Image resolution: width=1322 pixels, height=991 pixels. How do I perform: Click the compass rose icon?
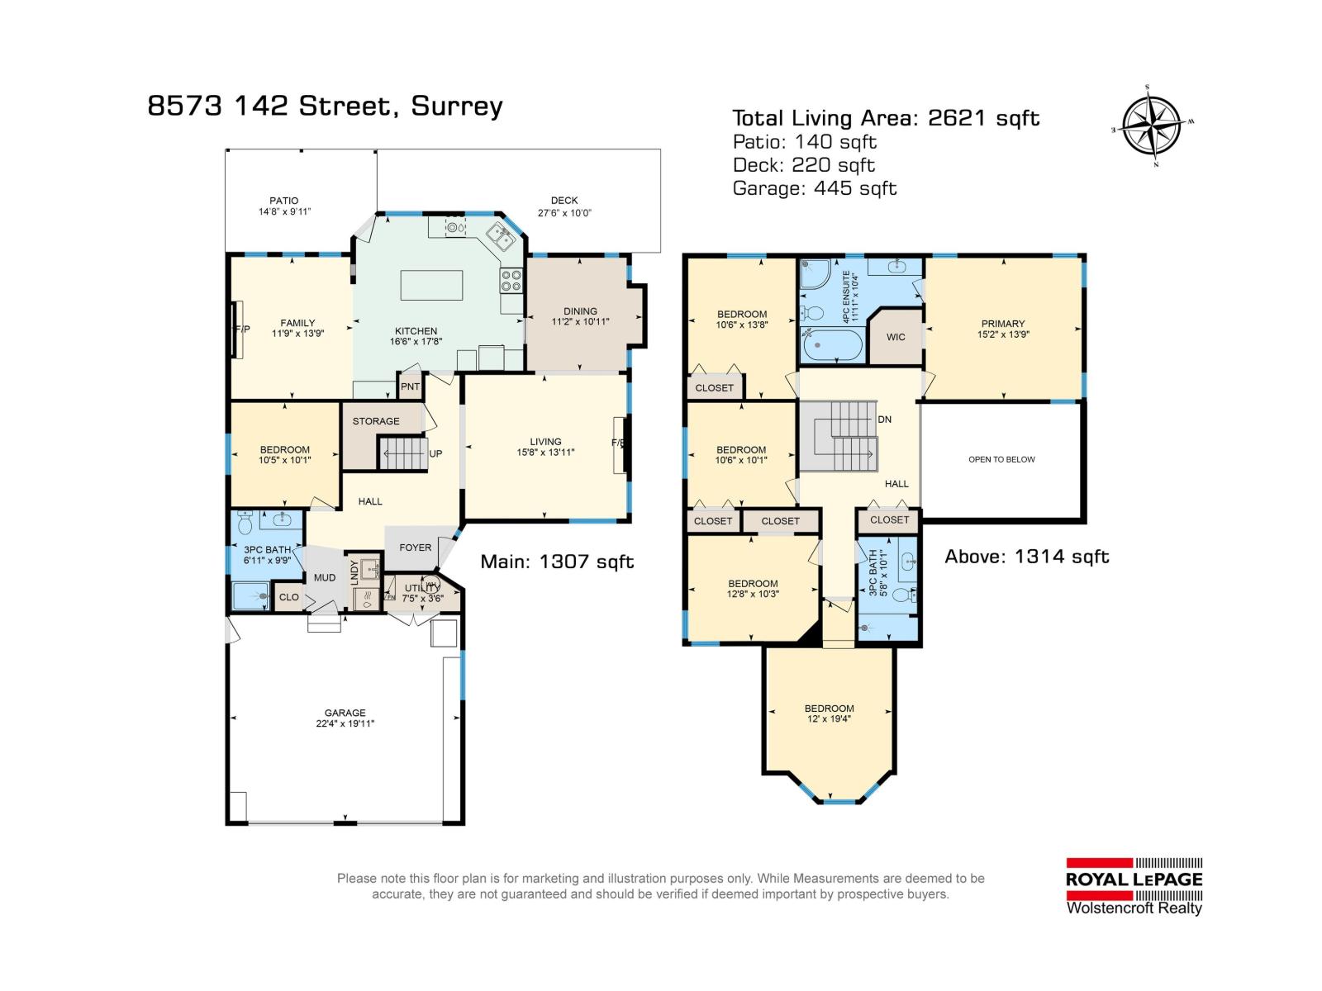pyautogui.click(x=1152, y=126)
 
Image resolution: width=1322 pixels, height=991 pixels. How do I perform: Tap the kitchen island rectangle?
pyautogui.click(x=431, y=285)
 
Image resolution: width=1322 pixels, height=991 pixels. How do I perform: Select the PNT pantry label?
pyautogui.click(x=410, y=386)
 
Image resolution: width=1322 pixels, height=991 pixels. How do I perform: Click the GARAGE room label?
pyautogui.click(x=345, y=713)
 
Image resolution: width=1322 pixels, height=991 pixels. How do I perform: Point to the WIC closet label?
pyautogui.click(x=896, y=337)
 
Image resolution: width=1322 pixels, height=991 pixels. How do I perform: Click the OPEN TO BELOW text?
pyautogui.click(x=1001, y=459)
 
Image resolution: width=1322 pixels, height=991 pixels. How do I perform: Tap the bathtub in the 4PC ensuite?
pyautogui.click(x=833, y=346)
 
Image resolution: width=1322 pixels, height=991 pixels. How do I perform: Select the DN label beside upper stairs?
pyautogui.click(x=885, y=420)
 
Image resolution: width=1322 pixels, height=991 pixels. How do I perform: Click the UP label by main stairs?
pyautogui.click(x=435, y=453)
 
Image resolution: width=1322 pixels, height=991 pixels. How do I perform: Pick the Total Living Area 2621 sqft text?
pyautogui.click(x=886, y=118)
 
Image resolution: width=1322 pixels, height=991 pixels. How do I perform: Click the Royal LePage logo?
pyautogui.click(x=1134, y=885)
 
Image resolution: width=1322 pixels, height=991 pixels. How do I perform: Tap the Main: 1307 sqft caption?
pyautogui.click(x=558, y=562)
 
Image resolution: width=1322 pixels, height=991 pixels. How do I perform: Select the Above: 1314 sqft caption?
pyautogui.click(x=1027, y=557)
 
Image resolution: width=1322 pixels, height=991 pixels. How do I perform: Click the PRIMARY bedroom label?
pyautogui.click(x=1003, y=324)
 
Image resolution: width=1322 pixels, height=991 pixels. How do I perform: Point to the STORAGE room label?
pyautogui.click(x=376, y=421)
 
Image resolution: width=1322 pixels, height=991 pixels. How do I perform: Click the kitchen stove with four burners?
pyautogui.click(x=511, y=281)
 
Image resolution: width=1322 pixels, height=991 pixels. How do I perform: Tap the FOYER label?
pyautogui.click(x=415, y=548)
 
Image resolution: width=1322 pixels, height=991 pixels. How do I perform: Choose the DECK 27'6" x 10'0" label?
pyautogui.click(x=564, y=206)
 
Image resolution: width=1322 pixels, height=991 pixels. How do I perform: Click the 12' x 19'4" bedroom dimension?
pyautogui.click(x=830, y=719)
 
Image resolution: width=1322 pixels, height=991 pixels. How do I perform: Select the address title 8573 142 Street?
pyautogui.click(x=325, y=107)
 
